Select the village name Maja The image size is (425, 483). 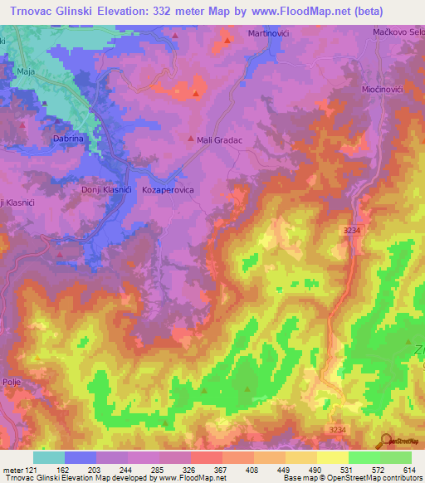(x=26, y=72)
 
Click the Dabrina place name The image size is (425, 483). (x=68, y=140)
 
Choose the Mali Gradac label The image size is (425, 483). (x=219, y=140)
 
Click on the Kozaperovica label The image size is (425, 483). (x=169, y=190)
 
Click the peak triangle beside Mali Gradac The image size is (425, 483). (x=187, y=140)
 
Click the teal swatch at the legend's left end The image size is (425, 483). (x=49, y=457)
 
